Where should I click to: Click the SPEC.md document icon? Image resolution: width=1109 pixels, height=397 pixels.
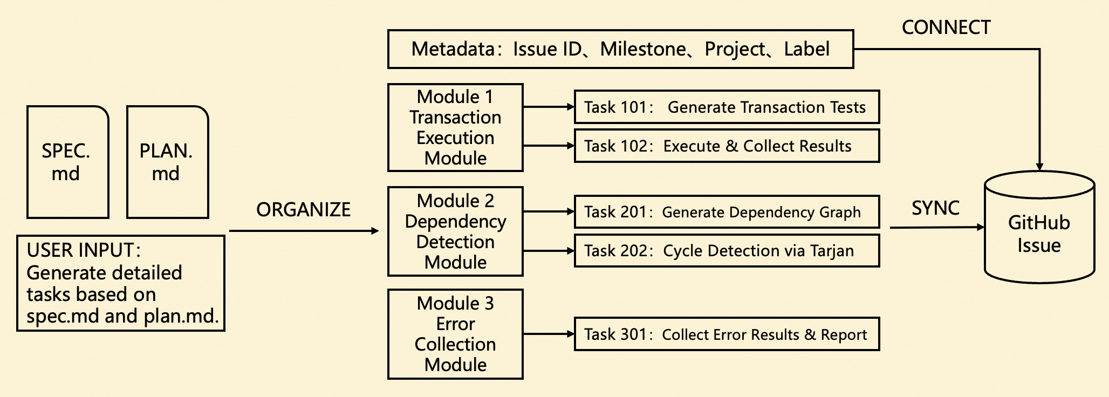click(68, 162)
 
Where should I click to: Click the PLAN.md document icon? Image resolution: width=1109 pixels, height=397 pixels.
click(167, 162)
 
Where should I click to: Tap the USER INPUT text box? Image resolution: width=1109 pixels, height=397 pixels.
click(121, 283)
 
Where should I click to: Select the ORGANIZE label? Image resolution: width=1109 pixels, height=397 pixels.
click(303, 209)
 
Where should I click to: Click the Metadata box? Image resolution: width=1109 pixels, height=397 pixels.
click(620, 49)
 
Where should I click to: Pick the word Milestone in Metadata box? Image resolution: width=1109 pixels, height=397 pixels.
click(643, 49)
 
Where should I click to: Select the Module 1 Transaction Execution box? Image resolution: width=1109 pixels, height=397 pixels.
click(455, 127)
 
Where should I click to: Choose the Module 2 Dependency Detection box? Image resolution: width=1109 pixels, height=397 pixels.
click(455, 231)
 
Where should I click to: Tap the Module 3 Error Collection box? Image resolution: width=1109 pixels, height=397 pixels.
click(455, 334)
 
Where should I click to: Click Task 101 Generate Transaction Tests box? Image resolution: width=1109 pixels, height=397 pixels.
click(727, 107)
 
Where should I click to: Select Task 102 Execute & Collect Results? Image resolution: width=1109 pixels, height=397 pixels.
click(727, 146)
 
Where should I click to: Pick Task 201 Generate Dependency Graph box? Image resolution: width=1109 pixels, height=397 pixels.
click(727, 212)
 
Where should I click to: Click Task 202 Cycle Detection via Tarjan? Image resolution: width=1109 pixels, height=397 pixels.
click(727, 250)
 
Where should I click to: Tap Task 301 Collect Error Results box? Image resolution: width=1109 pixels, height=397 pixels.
click(727, 334)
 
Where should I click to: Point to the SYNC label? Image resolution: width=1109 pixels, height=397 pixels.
click(935, 208)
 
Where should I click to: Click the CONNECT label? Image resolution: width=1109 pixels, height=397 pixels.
click(946, 28)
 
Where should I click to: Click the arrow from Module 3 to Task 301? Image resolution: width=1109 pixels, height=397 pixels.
click(549, 334)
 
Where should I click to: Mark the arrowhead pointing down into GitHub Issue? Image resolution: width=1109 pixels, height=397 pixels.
click(1039, 167)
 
